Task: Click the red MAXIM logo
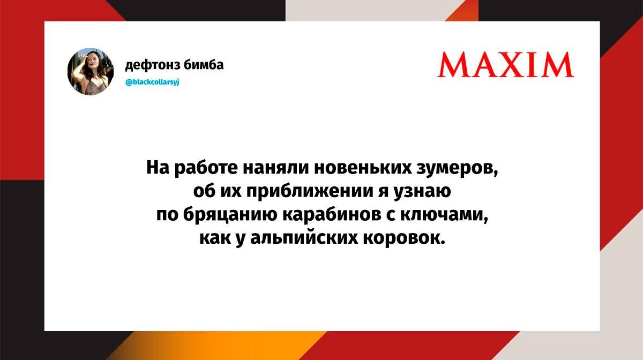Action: pyautogui.click(x=505, y=65)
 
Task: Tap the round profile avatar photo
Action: pyautogui.click(x=91, y=71)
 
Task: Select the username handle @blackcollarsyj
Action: pyautogui.click(x=152, y=82)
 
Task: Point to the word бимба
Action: pyautogui.click(x=204, y=65)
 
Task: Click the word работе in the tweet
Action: pyautogui.click(x=206, y=168)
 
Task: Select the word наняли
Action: pyautogui.click(x=276, y=168)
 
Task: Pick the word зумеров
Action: pyautogui.click(x=457, y=169)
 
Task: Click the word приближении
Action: pyautogui.click(x=310, y=191)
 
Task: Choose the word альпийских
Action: pyautogui.click(x=304, y=238)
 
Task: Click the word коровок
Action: pyautogui.click(x=404, y=238)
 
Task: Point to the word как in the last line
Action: pyautogui.click(x=215, y=238)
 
